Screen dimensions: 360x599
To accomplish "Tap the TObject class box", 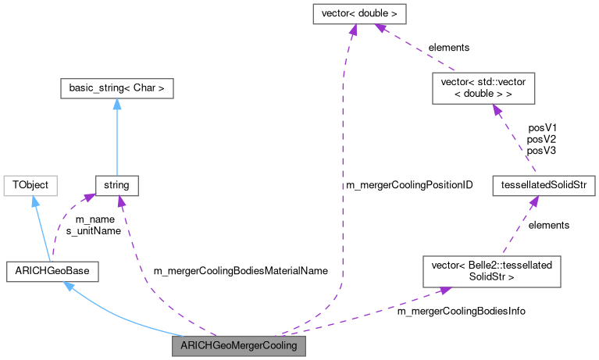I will (30, 186).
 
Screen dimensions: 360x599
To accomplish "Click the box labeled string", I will (116, 186).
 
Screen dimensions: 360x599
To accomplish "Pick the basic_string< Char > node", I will (116, 88).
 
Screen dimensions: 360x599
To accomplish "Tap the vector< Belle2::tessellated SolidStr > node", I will (486, 271).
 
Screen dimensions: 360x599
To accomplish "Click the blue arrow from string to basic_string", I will (116, 137).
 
